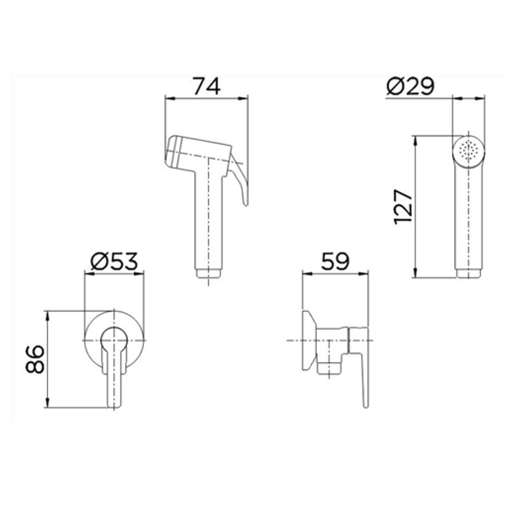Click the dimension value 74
[207, 86]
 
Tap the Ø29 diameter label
[410, 86]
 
